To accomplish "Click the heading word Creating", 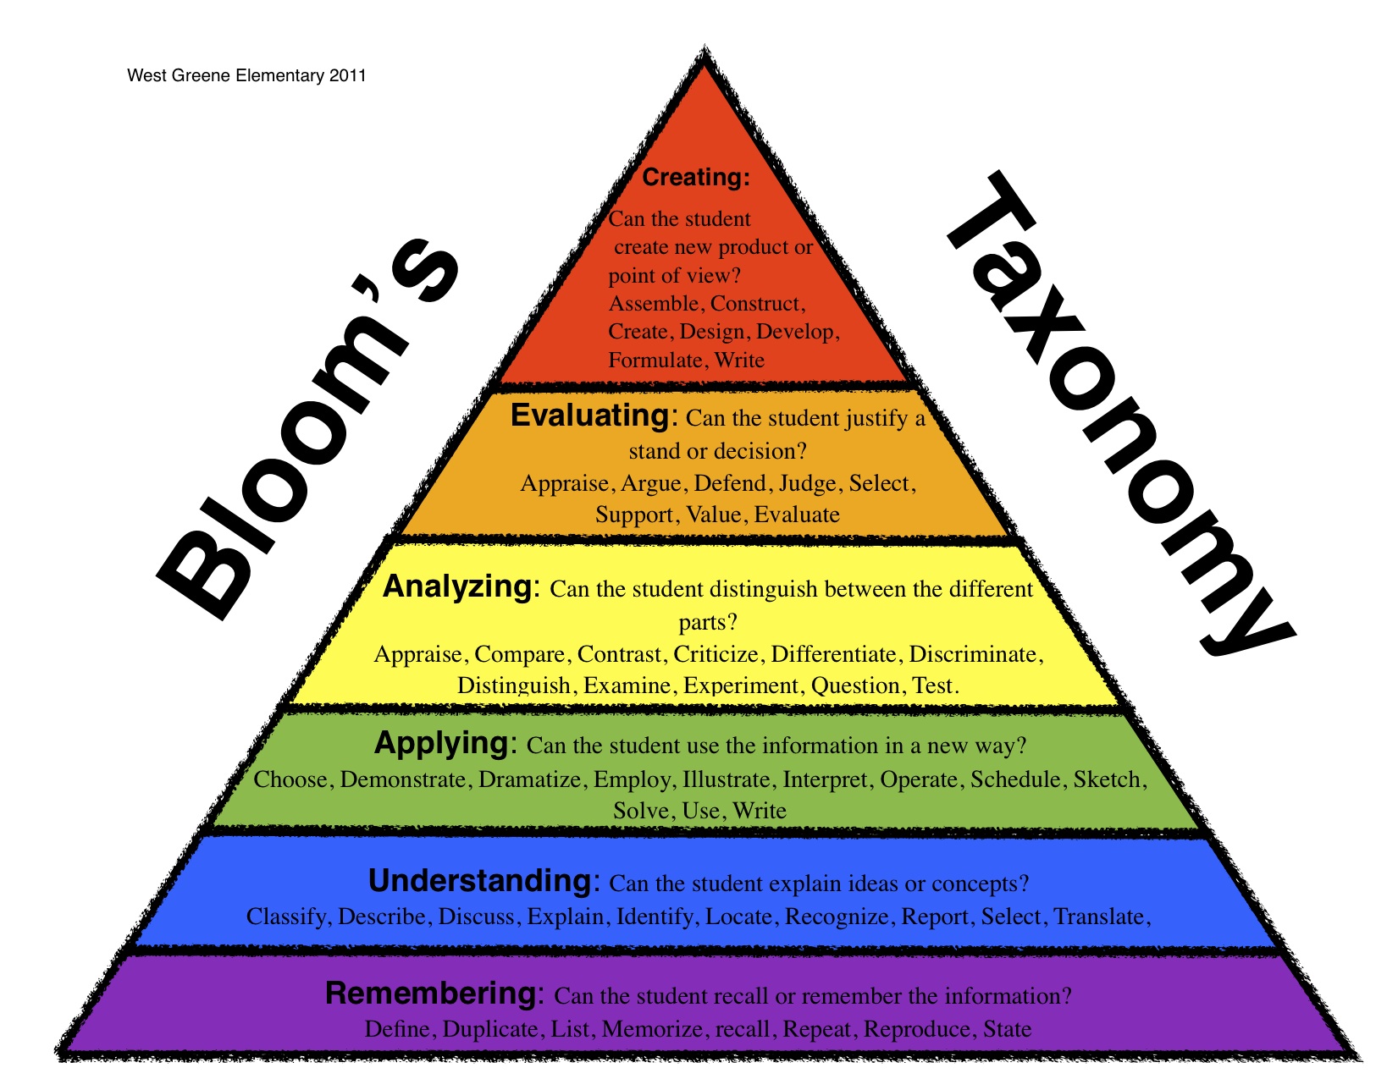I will click(x=695, y=178).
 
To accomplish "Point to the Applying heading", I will click(x=443, y=743).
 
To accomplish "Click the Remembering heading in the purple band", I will click(x=431, y=994).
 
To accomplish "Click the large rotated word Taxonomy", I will click(x=1118, y=415).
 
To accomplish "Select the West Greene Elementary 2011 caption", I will click(x=246, y=75).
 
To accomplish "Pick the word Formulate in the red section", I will click(x=655, y=361).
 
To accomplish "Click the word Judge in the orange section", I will click(x=807, y=483).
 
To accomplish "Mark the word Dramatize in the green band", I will click(x=529, y=779).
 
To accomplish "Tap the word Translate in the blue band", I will click(x=1098, y=917).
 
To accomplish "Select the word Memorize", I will click(x=651, y=1029).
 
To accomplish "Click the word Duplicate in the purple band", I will click(x=489, y=1029).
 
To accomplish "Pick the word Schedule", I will click(x=1014, y=779).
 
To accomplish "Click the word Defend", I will click(x=729, y=483).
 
